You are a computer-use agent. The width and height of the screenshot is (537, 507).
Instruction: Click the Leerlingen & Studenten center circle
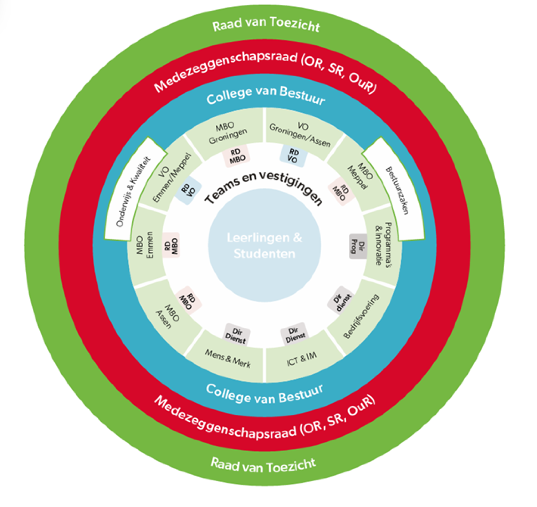(x=265, y=245)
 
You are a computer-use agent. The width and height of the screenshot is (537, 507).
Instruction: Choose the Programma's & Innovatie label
(x=383, y=244)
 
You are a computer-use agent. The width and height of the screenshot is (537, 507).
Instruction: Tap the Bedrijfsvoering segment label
(x=361, y=316)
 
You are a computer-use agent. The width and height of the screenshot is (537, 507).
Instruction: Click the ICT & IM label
(x=302, y=359)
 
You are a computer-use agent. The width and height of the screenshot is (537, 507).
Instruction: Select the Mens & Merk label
(x=228, y=358)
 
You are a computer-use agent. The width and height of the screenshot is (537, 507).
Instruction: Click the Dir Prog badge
(x=358, y=247)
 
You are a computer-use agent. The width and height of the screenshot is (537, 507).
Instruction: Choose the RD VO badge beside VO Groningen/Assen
(x=293, y=156)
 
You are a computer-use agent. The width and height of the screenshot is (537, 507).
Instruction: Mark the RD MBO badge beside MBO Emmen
(x=171, y=245)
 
